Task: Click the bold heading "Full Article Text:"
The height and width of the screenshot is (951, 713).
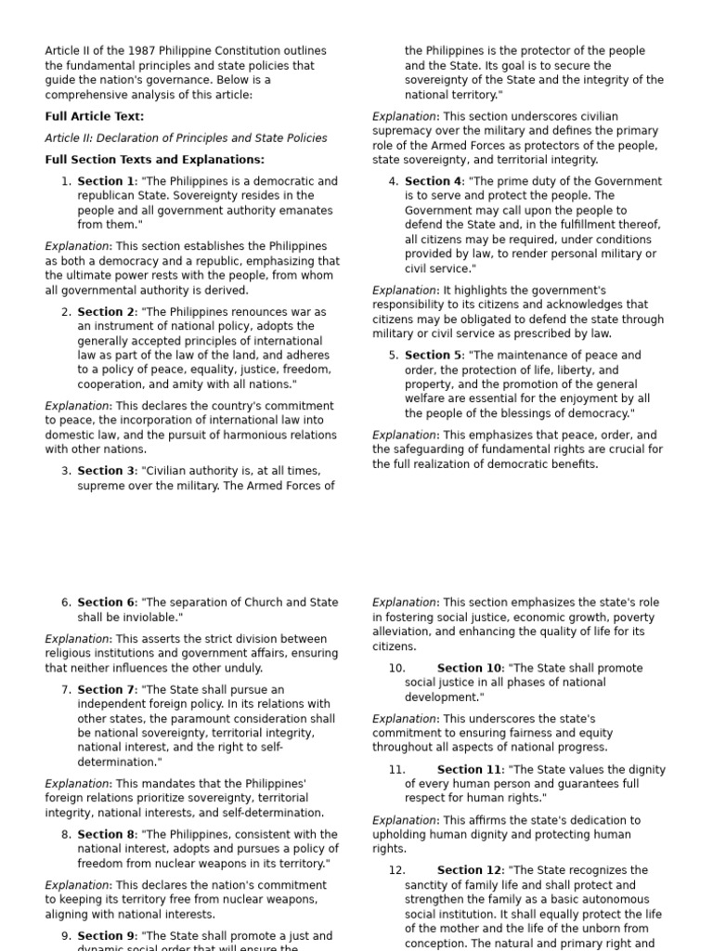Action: pos(95,116)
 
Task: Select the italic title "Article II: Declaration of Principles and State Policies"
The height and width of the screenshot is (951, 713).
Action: pos(186,137)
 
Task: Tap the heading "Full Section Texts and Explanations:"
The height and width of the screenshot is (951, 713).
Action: pos(154,159)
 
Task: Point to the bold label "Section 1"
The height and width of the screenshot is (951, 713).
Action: pos(106,181)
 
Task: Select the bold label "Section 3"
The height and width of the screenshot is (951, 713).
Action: pos(106,471)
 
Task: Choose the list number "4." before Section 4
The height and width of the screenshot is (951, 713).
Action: pos(394,181)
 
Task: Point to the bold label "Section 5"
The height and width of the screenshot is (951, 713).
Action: pos(433,355)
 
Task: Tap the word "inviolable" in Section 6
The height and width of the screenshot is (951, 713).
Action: pos(147,617)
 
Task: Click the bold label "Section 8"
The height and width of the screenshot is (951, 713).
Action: pos(106,834)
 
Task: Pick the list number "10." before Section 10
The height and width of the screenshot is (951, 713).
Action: pos(397,668)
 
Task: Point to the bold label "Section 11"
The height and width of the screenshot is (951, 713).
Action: pos(469,770)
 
